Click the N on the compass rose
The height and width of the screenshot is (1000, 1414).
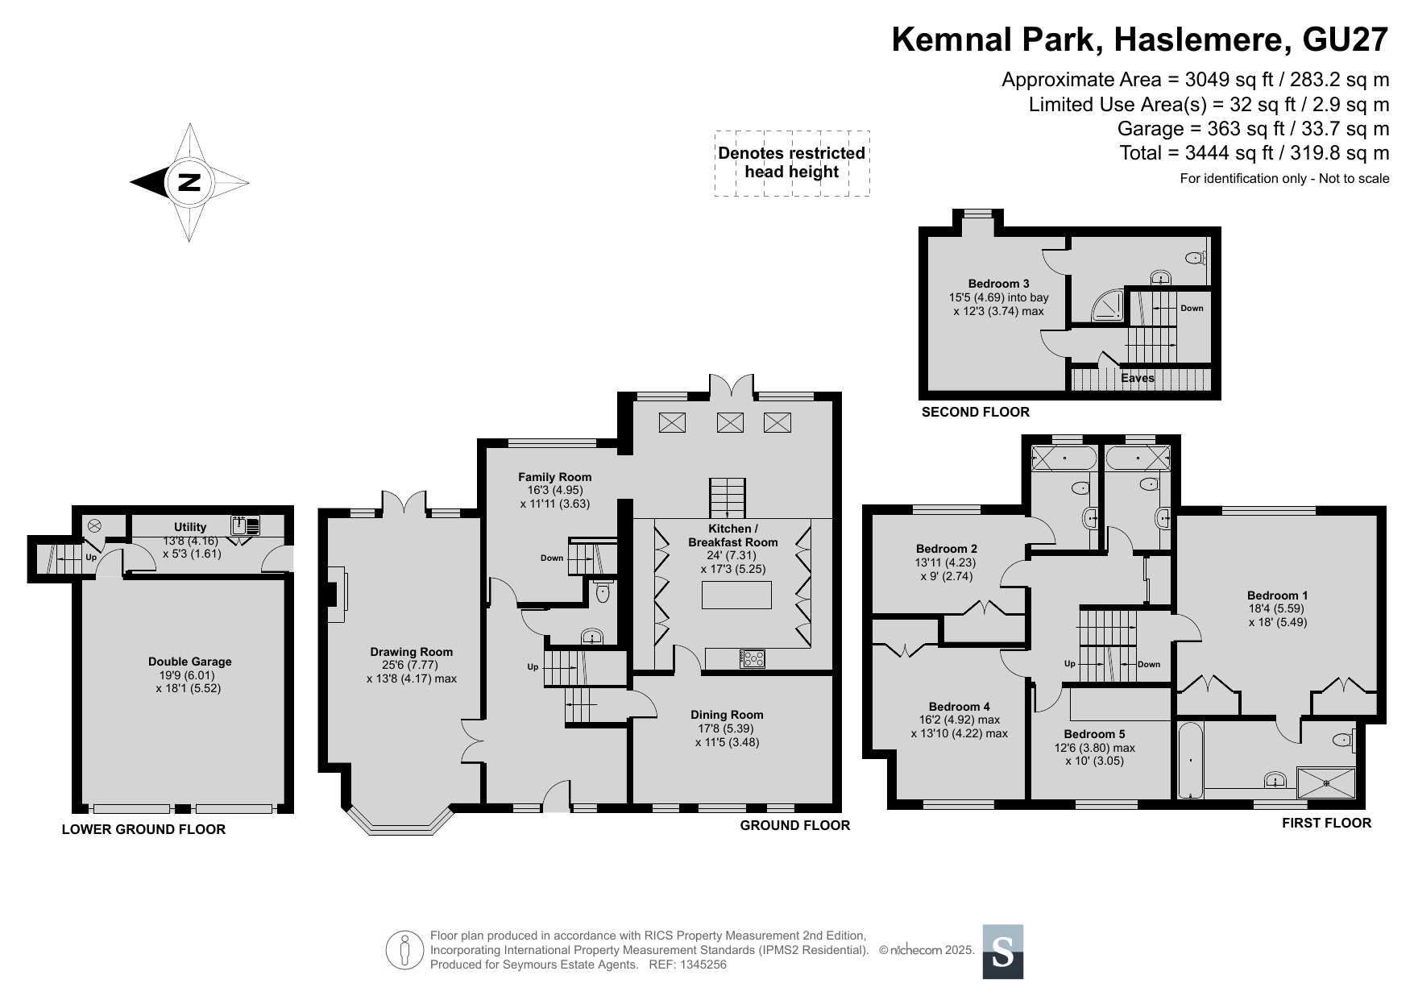tap(189, 182)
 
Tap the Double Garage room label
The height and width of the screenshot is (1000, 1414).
tap(189, 662)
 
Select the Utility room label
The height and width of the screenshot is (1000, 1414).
tap(190, 527)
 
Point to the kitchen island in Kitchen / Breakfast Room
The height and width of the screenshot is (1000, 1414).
tap(736, 595)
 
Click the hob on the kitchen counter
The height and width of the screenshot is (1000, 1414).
tap(753, 659)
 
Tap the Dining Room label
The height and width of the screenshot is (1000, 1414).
tap(727, 715)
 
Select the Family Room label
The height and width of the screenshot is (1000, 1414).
tap(554, 477)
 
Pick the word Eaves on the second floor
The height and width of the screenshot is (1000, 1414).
tap(1138, 378)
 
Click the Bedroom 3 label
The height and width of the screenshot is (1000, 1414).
tap(998, 284)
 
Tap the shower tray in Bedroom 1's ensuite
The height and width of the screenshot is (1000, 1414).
tap(1326, 783)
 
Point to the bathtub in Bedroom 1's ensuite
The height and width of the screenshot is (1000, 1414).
tap(1190, 761)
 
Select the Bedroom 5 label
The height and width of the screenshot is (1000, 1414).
tap(1094, 734)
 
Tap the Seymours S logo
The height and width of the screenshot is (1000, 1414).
tap(1003, 952)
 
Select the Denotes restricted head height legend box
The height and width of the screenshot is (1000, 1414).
tap(792, 163)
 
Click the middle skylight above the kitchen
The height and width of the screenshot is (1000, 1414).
tap(731, 422)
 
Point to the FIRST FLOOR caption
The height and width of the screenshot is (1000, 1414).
tap(1326, 823)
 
